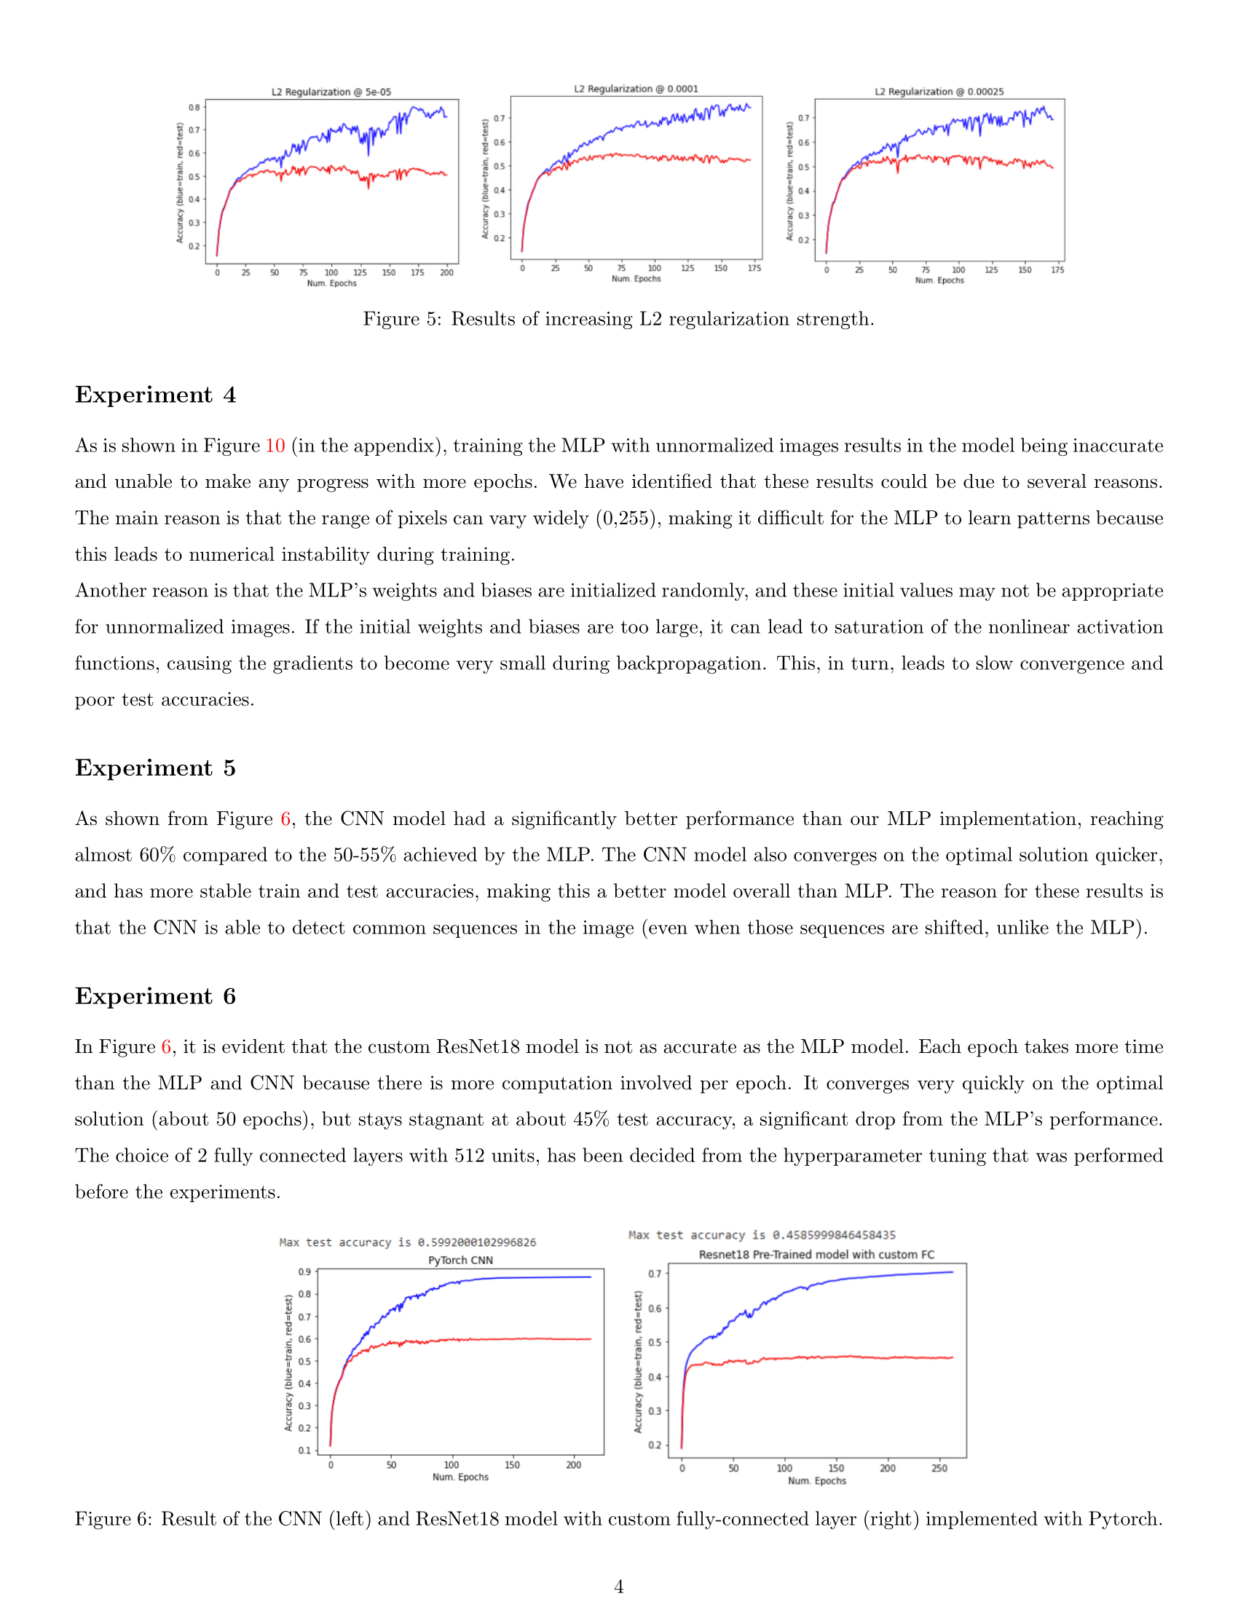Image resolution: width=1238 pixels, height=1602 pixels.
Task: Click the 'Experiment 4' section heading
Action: point(156,395)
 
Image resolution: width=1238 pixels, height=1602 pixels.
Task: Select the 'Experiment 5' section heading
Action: point(156,768)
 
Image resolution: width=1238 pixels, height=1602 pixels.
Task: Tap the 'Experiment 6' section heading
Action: point(156,996)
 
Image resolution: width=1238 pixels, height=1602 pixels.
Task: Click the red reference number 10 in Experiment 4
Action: point(275,446)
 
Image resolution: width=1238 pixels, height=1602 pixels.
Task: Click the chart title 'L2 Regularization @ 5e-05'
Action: point(331,92)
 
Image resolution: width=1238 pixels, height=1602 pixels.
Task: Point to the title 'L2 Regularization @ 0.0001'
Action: point(636,89)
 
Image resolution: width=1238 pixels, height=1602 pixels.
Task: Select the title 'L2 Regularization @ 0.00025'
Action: point(939,92)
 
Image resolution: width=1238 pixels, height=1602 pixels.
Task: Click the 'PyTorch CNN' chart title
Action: point(460,1260)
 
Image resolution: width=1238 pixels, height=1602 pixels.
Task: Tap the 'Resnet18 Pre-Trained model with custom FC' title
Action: point(816,1255)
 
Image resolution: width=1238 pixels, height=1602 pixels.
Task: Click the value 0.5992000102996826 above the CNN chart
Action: point(477,1242)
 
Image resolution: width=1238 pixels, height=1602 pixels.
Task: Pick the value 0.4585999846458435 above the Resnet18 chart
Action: point(834,1235)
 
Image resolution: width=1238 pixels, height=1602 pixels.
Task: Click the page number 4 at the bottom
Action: point(619,1587)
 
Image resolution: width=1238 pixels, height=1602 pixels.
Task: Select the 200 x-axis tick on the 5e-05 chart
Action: point(446,273)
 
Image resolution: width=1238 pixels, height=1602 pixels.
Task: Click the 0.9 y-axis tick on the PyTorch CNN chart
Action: point(304,1272)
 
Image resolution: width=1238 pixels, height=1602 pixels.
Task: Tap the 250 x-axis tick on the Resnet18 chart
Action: point(939,1469)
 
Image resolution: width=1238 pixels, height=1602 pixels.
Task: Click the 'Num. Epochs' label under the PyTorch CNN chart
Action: point(460,1477)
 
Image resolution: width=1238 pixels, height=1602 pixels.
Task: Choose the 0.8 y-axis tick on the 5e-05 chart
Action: point(194,107)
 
